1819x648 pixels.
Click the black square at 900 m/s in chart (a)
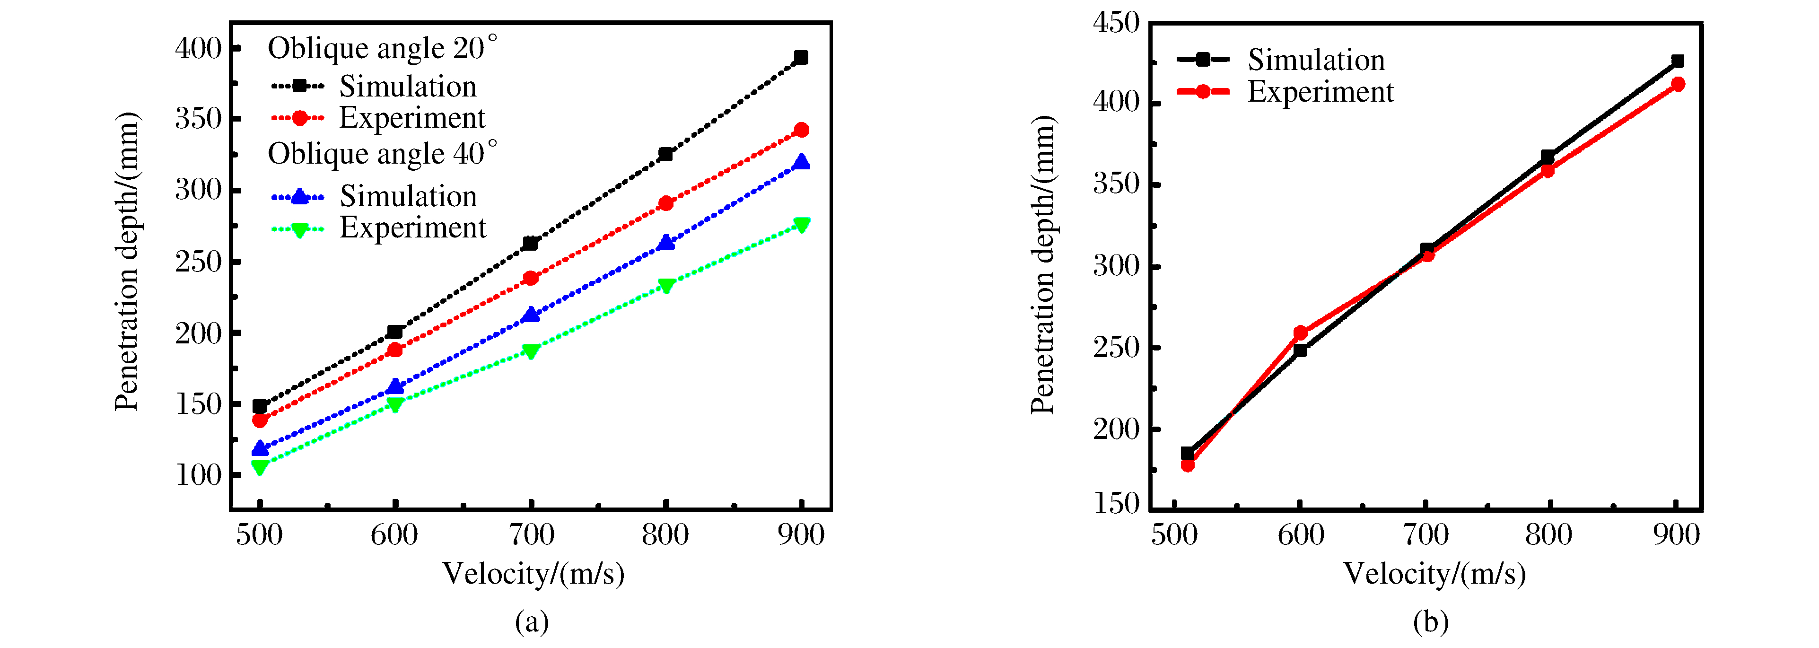click(801, 58)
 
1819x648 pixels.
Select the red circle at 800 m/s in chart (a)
click(665, 203)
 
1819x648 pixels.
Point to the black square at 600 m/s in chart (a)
click(395, 332)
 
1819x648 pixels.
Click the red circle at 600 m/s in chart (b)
click(1301, 333)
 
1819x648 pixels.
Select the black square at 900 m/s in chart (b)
click(1678, 61)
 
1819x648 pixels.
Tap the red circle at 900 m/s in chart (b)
click(1678, 85)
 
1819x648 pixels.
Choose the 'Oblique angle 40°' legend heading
click(382, 154)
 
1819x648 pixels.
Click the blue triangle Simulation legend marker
click(299, 197)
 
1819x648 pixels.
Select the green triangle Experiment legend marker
click(299, 229)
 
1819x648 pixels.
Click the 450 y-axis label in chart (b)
click(1116, 23)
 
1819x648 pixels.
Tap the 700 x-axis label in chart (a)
click(531, 534)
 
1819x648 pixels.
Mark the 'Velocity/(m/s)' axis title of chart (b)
click(1434, 574)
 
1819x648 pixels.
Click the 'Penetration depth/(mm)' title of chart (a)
click(127, 261)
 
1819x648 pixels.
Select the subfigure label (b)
click(1431, 622)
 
